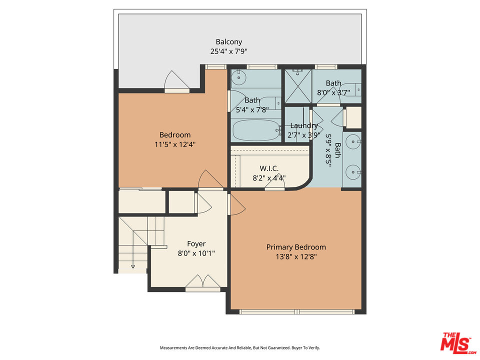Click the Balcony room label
[228, 42]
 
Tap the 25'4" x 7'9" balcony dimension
[228, 51]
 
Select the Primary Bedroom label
[296, 247]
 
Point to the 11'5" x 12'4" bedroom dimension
[175, 144]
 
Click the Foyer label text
[196, 244]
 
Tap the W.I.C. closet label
[269, 168]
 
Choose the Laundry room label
[304, 126]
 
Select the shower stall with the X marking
[297, 86]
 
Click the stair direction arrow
[133, 265]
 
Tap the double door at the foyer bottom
[202, 283]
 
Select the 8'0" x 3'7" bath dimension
[333, 92]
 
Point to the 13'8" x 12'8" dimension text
[296, 256]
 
